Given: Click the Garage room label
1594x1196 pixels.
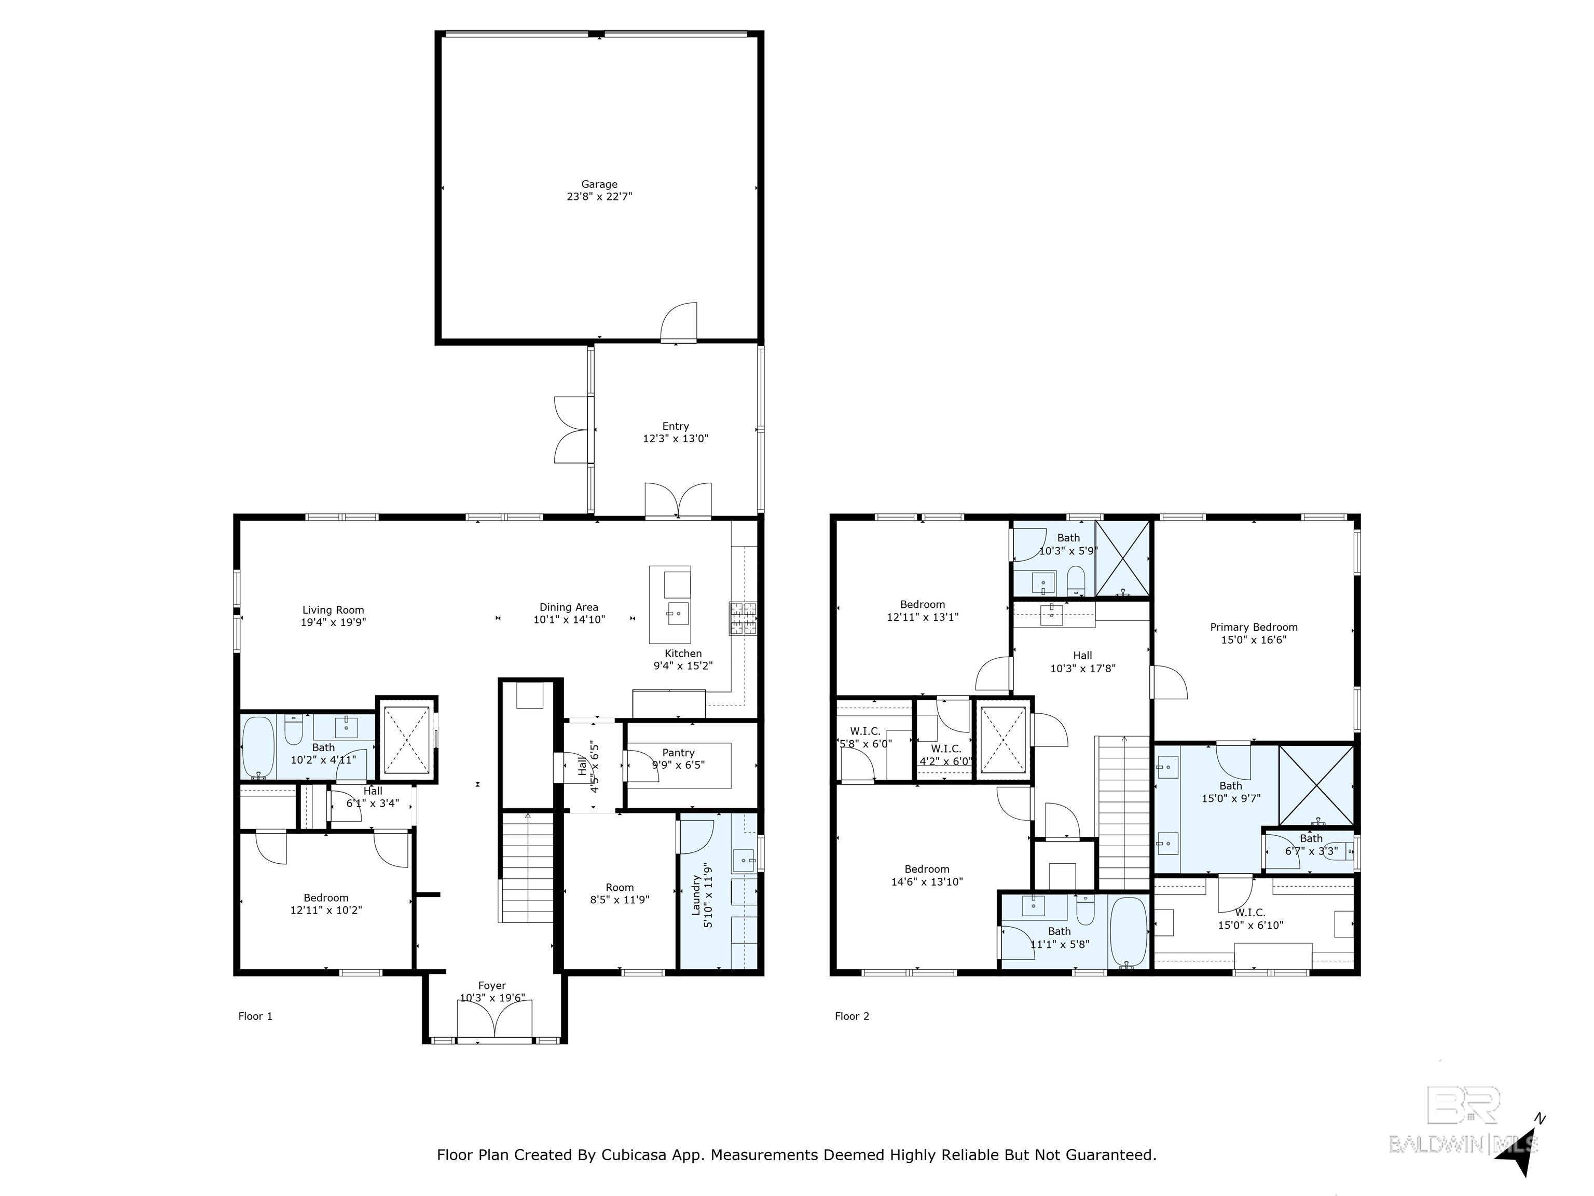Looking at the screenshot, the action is click(x=599, y=185).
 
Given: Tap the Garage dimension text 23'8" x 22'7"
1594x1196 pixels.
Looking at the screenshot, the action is click(x=599, y=196).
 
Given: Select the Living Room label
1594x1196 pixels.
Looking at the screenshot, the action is click(x=333, y=610).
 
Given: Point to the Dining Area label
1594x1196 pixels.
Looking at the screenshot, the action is click(x=569, y=607).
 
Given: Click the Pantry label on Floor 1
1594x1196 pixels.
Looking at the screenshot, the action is click(x=678, y=753).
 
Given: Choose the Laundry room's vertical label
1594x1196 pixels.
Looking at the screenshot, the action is click(x=696, y=895).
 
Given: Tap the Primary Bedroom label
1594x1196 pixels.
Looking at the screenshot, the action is click(x=1254, y=627).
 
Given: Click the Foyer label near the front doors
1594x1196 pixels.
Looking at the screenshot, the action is click(x=492, y=985).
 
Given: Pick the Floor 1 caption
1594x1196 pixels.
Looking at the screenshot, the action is click(x=255, y=1016).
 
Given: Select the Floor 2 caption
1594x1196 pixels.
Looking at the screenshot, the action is click(x=852, y=1016).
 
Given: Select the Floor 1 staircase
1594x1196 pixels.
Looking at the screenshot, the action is click(x=528, y=867).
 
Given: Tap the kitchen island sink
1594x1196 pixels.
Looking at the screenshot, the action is click(x=677, y=614).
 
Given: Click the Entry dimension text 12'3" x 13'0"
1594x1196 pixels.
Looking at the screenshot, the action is click(x=676, y=438).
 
